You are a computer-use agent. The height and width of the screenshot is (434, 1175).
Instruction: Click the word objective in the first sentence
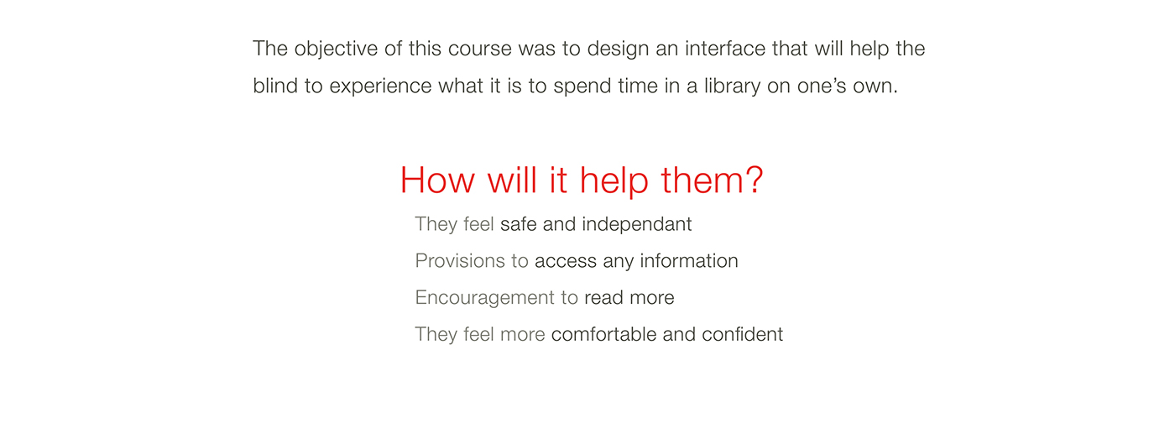(336, 50)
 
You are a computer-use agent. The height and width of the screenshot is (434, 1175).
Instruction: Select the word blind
(275, 86)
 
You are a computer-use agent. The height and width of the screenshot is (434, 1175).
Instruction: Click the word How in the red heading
(437, 180)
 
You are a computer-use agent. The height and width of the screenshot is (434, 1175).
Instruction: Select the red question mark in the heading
(754, 180)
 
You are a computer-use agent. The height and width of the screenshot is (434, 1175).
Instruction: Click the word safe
(519, 224)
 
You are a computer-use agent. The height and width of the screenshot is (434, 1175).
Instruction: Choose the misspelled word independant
(637, 225)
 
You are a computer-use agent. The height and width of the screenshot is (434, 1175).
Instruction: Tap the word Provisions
(460, 261)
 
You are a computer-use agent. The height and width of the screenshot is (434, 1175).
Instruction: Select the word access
(566, 262)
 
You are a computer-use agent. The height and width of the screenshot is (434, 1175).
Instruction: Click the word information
(689, 261)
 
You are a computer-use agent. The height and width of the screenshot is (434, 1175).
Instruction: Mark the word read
(603, 297)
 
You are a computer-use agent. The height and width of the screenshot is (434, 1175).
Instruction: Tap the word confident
(742, 334)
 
